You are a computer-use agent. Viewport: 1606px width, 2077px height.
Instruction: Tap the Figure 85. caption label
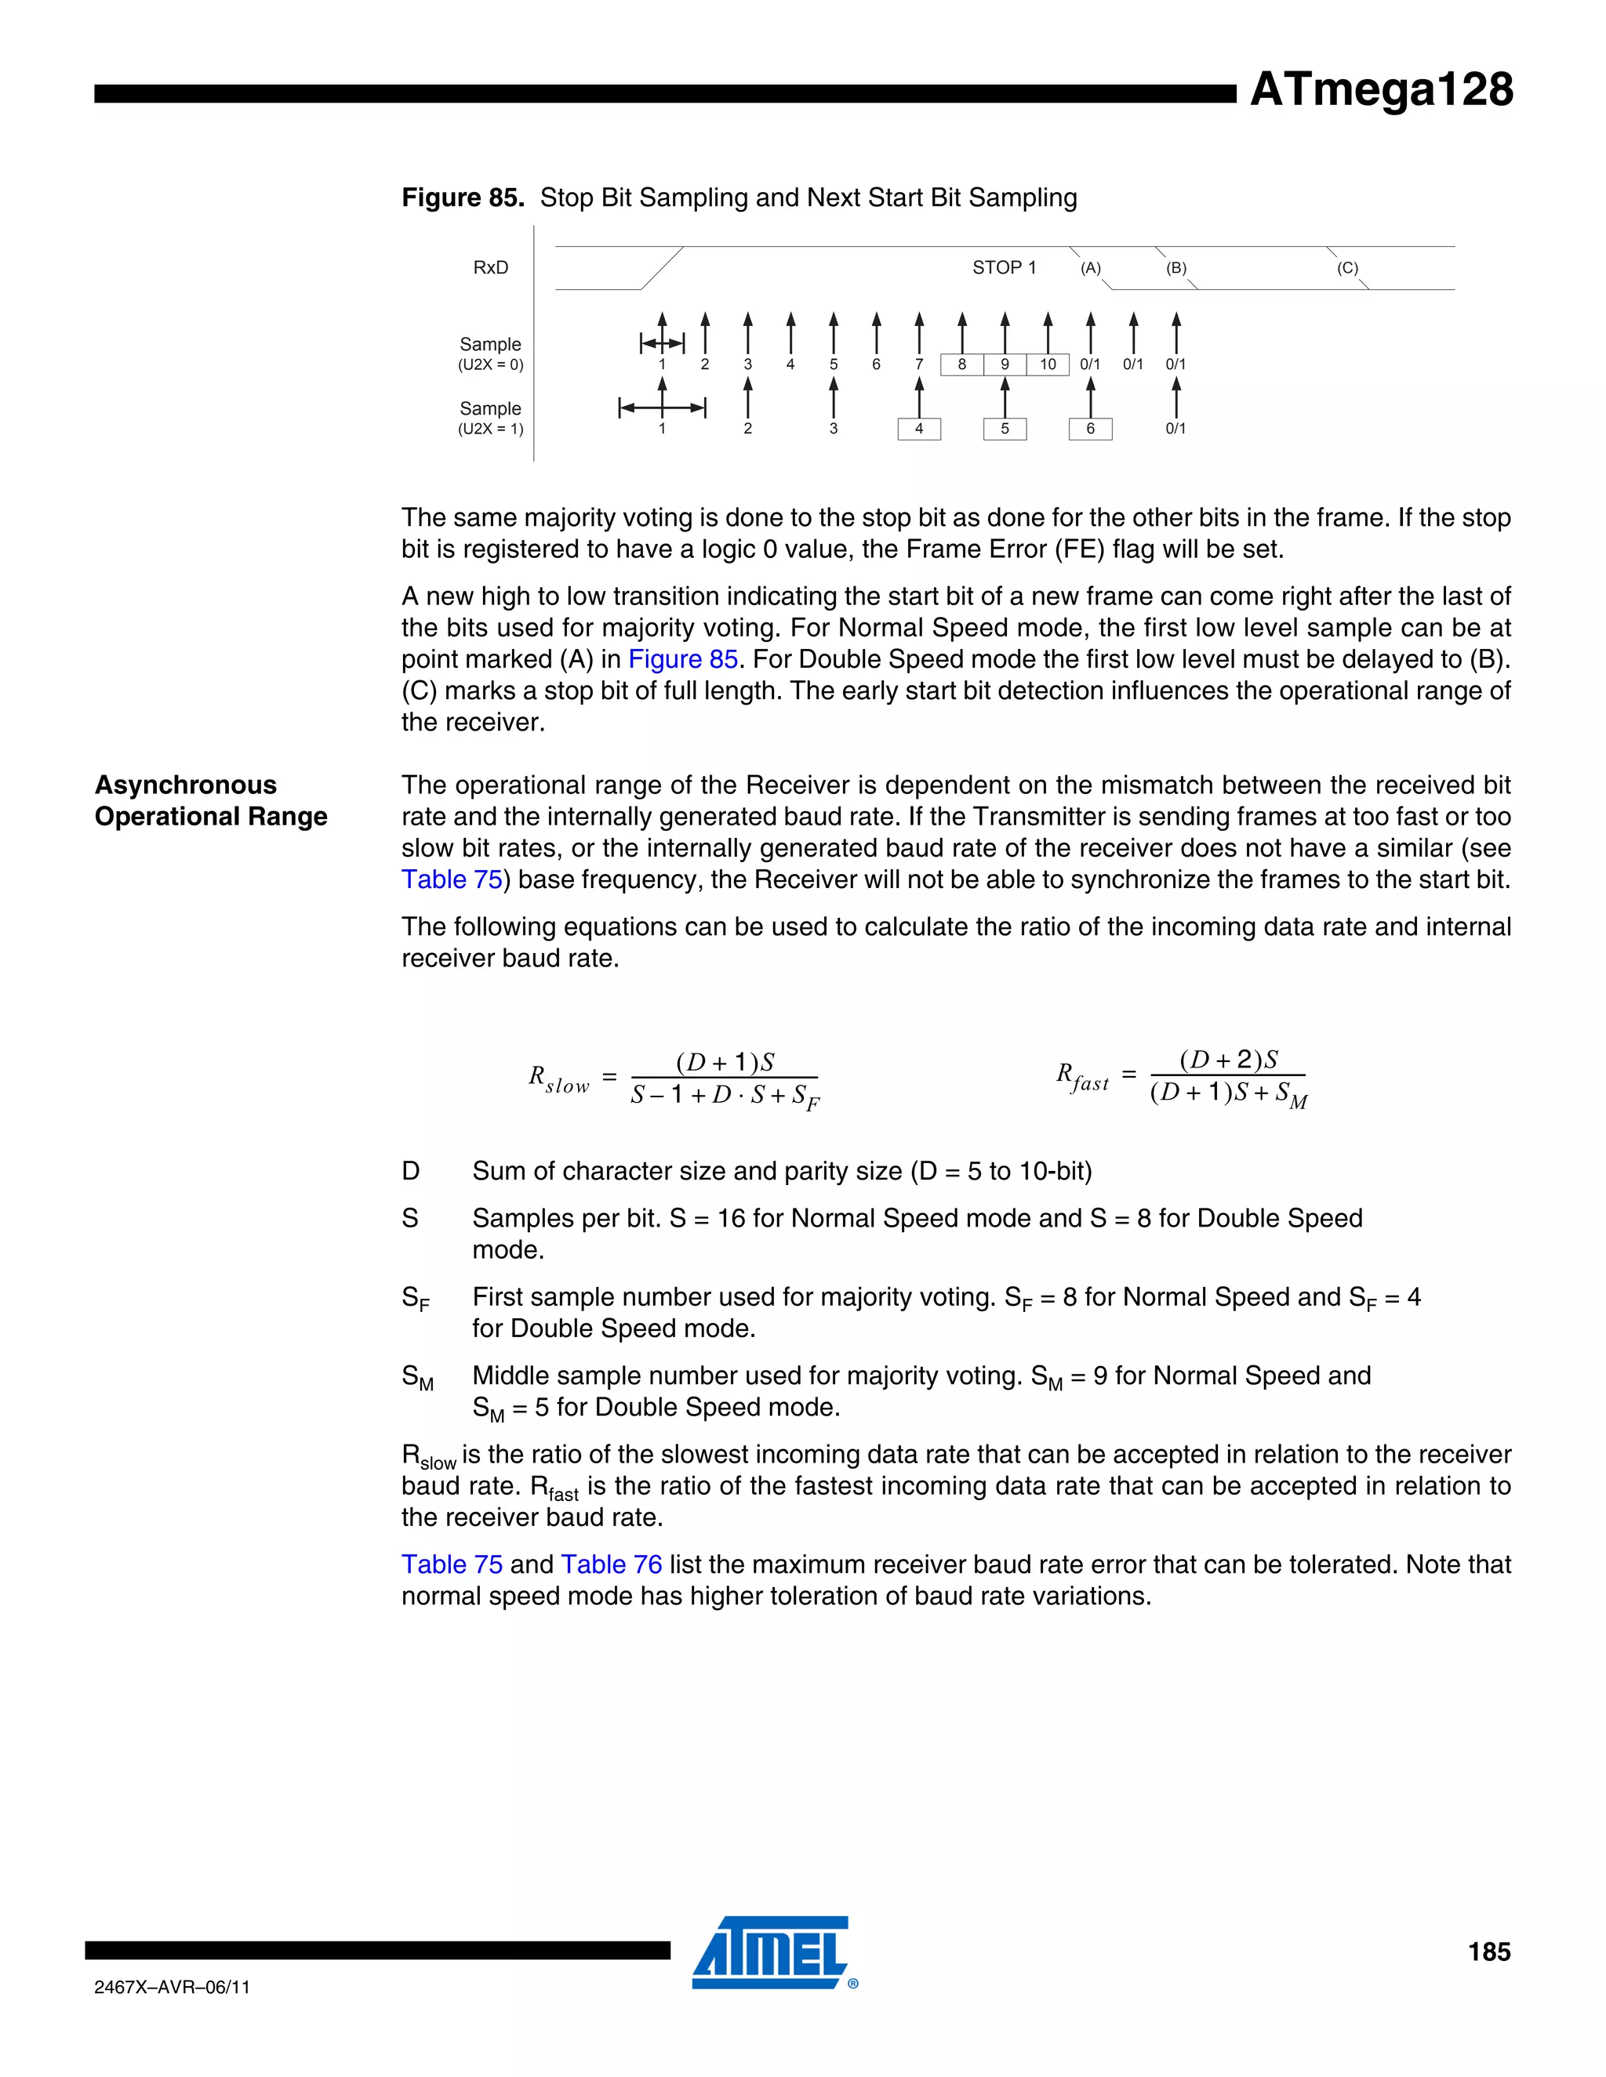click(x=463, y=198)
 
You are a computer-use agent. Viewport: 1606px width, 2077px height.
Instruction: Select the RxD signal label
click(x=490, y=268)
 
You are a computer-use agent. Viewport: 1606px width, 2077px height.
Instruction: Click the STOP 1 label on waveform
click(x=1004, y=268)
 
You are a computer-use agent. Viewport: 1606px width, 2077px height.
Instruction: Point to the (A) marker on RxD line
click(x=1090, y=268)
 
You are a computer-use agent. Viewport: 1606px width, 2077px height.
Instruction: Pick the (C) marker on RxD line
click(x=1347, y=268)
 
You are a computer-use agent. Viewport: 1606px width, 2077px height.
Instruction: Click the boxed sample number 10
click(x=1048, y=364)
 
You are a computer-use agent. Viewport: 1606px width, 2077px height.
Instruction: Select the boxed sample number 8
click(x=962, y=364)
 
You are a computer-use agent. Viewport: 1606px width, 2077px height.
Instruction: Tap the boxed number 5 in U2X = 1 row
click(x=1005, y=429)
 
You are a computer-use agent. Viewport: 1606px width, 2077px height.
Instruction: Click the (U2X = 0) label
click(x=490, y=365)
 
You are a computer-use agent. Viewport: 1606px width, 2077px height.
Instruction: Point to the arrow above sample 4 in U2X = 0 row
click(x=790, y=333)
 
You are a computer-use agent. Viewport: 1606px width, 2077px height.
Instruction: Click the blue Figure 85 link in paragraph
click(x=683, y=659)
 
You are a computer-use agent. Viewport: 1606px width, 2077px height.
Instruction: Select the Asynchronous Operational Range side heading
click(x=210, y=801)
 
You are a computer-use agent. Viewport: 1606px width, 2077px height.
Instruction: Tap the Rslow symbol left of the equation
click(x=558, y=1079)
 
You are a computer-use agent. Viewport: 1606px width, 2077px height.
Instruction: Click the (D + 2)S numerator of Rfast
click(x=1228, y=1060)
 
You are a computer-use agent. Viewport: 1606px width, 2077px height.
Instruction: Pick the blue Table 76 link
click(x=611, y=1564)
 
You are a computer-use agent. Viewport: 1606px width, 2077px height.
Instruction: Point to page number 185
click(x=1488, y=1952)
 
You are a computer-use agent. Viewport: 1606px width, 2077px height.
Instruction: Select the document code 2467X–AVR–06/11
click(x=173, y=1988)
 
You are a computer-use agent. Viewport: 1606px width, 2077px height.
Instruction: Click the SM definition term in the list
click(x=416, y=1378)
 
